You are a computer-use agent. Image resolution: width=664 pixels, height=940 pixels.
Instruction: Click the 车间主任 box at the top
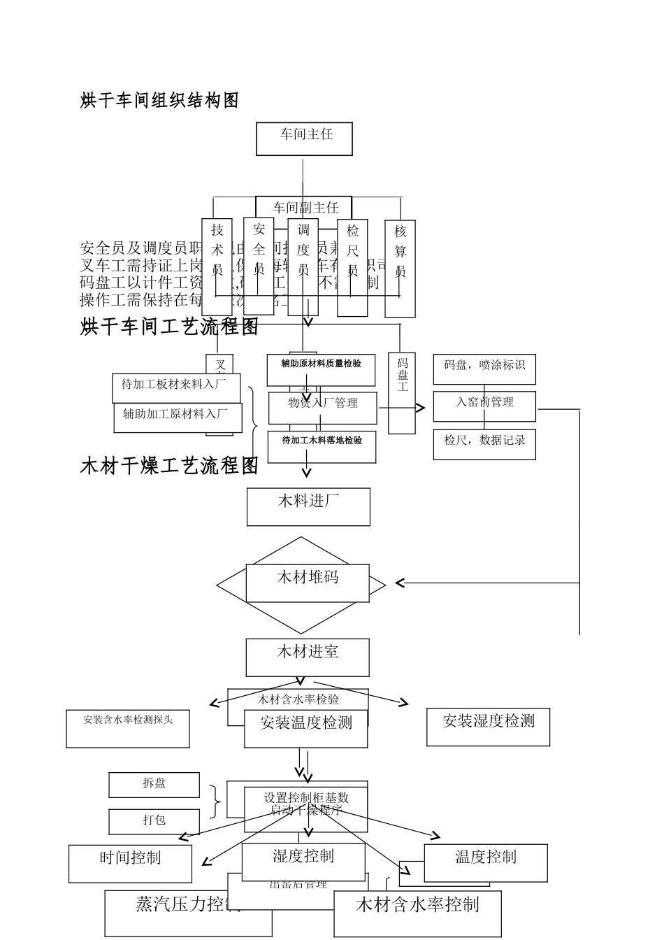[x=304, y=138]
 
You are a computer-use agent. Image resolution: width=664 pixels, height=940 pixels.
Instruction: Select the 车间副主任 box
[x=304, y=207]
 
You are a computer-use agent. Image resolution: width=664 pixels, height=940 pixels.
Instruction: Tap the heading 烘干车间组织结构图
[x=159, y=101]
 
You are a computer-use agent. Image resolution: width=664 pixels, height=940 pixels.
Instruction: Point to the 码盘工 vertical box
[x=402, y=392]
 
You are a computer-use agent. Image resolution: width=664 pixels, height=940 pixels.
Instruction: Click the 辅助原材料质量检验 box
[x=321, y=369]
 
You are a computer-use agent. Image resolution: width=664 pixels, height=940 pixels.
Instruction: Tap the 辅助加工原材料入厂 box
[x=178, y=418]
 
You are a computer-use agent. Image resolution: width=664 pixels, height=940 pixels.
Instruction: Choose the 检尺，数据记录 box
[x=484, y=444]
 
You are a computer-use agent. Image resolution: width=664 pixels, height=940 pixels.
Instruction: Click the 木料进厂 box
[x=308, y=506]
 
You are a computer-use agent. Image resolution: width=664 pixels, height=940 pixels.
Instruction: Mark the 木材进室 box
[x=308, y=657]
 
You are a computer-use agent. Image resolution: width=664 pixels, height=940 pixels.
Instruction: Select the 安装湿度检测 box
[x=488, y=727]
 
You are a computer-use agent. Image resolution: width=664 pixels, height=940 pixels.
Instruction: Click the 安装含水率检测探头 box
[x=128, y=729]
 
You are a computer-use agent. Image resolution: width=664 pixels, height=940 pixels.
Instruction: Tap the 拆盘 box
[x=154, y=785]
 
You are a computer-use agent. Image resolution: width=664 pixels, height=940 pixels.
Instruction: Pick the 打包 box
[x=154, y=821]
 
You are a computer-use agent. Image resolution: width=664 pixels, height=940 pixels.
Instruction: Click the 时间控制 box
[x=130, y=863]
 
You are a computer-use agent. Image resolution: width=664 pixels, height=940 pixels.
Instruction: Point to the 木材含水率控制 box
[x=417, y=913]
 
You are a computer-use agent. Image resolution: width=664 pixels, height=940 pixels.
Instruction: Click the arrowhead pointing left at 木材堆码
[x=400, y=583]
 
